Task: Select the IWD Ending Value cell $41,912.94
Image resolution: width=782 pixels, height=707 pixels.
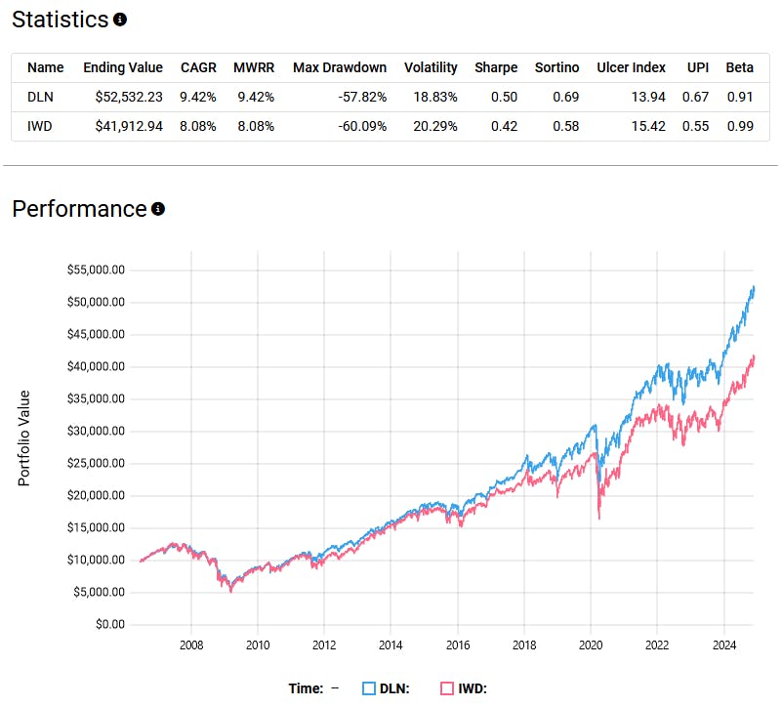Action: pos(123,125)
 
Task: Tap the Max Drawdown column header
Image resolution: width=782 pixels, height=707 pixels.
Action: pos(340,67)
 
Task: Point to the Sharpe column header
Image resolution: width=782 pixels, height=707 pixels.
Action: pos(496,67)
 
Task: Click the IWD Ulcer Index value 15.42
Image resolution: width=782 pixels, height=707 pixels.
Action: pos(646,125)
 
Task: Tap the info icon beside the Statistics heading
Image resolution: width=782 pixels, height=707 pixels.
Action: pos(120,20)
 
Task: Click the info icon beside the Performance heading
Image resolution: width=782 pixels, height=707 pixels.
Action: pos(158,209)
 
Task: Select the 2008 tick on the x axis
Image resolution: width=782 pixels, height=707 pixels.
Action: pos(191,645)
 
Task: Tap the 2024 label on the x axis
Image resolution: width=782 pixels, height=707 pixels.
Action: pos(723,645)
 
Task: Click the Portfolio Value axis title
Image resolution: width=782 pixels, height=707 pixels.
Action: pos(24,438)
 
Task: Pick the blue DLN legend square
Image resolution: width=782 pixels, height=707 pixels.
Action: pos(369,688)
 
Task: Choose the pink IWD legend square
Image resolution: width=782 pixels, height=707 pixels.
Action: pos(446,688)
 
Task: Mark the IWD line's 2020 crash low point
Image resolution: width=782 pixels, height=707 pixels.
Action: pos(598,519)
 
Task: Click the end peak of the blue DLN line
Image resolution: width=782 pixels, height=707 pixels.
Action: pos(753,286)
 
